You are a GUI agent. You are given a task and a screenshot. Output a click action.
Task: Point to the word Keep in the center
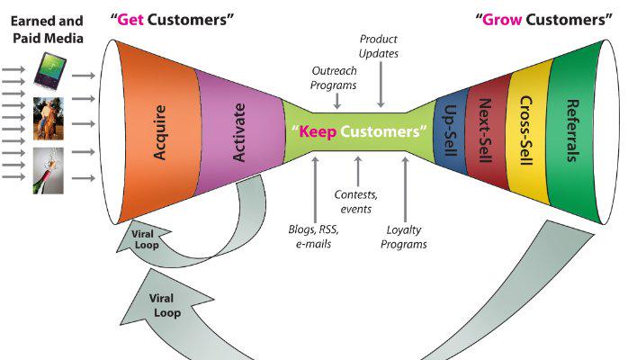(318, 131)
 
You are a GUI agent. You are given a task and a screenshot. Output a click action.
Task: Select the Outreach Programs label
(335, 77)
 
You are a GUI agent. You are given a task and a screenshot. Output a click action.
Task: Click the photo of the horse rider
(49, 118)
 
